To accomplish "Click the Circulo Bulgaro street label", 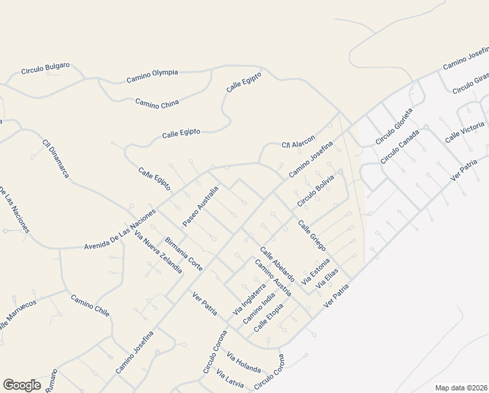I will pos(45,69).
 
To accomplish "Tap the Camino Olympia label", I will pos(152,76).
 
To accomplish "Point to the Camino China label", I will pos(157,102).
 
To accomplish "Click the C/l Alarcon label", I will pos(298,141).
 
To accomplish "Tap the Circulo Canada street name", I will pos(399,150).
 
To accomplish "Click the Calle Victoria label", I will pos(465,132).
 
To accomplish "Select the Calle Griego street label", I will pos(312,236).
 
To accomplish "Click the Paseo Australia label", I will pos(200,206).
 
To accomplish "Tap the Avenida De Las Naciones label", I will pos(120,232).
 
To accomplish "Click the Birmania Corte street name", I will pos(184,254).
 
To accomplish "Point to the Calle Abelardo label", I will pos(277,265).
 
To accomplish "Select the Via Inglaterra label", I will pos(250,298).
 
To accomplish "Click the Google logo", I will pos(21,385).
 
